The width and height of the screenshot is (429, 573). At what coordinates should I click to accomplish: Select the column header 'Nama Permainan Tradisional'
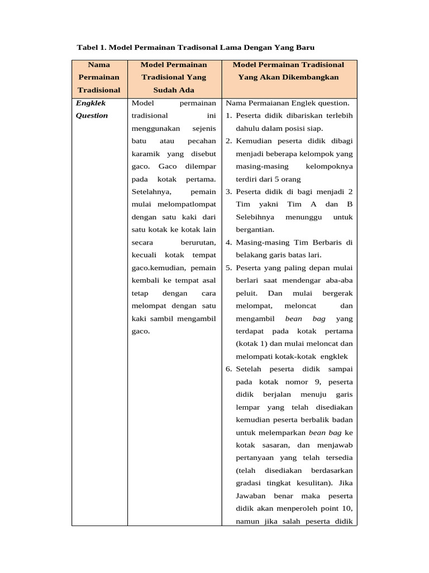pyautogui.click(x=99, y=77)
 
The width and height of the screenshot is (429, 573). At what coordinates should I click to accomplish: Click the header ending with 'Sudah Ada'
pyautogui.click(x=174, y=90)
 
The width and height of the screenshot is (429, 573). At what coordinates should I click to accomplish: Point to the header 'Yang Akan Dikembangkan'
pyautogui.click(x=288, y=77)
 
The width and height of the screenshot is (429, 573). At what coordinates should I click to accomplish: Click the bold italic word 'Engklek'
pyautogui.click(x=90, y=103)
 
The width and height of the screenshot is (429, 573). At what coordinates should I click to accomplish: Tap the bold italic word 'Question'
pyautogui.click(x=92, y=116)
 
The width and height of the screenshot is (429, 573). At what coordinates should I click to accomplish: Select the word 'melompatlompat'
pyautogui.click(x=174, y=204)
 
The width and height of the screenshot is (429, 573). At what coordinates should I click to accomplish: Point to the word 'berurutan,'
pyautogui.click(x=198, y=242)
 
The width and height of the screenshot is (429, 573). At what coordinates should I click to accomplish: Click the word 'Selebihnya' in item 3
pyautogui.click(x=255, y=217)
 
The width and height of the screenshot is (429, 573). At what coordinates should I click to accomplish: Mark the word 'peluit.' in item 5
pyautogui.click(x=246, y=293)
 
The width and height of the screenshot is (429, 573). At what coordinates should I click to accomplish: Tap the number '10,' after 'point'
pyautogui.click(x=345, y=509)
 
